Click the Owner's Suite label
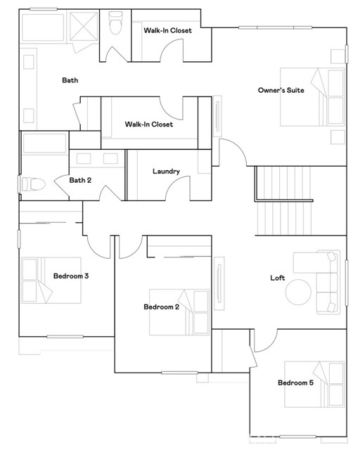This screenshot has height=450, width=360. [x=281, y=90]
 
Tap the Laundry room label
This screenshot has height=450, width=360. [x=166, y=172]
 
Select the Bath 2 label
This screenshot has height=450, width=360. [x=80, y=180]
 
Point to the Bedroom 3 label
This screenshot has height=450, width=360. [x=70, y=276]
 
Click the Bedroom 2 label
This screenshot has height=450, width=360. [x=162, y=307]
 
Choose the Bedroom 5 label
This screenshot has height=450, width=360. [x=295, y=383]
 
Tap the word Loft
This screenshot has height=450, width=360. [x=278, y=278]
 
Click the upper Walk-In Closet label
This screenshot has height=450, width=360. [x=167, y=30]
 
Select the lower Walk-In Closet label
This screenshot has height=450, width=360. [x=148, y=124]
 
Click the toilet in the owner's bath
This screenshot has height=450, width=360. [x=116, y=24]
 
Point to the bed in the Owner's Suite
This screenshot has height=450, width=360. [x=313, y=96]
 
